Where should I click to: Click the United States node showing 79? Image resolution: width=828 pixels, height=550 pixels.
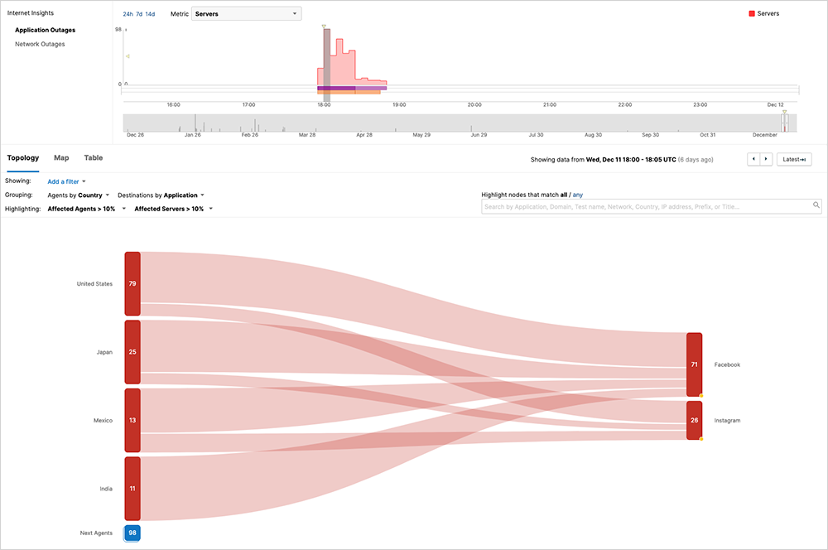[132, 283]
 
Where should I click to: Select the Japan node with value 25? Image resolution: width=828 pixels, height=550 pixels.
[132, 352]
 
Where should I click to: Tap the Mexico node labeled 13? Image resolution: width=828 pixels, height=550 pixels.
[132, 420]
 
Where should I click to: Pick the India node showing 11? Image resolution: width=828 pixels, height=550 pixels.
[132, 489]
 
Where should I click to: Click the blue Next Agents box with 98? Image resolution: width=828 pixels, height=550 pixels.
[132, 533]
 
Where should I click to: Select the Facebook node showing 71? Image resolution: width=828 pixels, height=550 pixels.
[694, 364]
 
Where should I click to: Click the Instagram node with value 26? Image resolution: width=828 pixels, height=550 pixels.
[694, 421]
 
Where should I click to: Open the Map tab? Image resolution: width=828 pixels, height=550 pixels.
[61, 157]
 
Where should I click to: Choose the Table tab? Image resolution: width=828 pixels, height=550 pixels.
[94, 157]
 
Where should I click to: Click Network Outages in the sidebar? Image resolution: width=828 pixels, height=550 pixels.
[40, 44]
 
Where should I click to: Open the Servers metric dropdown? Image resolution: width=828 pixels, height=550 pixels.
[246, 14]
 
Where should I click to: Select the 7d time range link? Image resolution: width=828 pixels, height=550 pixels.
[139, 14]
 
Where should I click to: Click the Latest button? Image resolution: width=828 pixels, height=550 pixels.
[794, 159]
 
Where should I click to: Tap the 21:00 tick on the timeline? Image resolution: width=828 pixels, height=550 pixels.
[549, 105]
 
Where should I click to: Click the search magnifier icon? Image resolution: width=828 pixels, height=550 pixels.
[816, 205]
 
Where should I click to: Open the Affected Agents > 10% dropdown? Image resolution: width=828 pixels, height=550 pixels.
[87, 209]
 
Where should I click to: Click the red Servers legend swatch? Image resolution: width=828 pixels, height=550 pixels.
[751, 14]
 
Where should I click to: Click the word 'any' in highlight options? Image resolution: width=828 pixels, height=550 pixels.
[578, 195]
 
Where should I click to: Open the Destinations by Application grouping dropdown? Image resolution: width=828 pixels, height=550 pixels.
[161, 195]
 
